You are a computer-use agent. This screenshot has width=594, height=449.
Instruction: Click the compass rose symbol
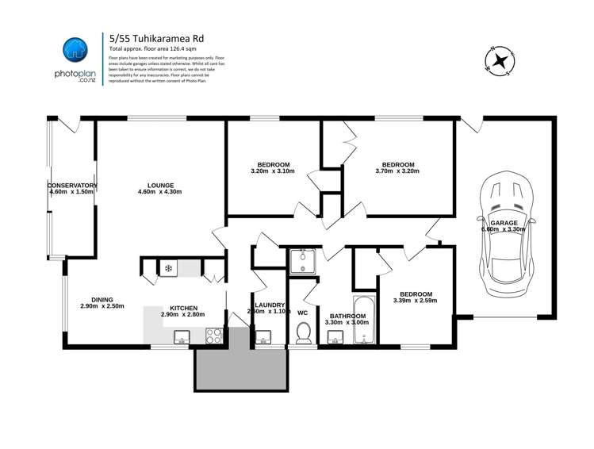point(500,59)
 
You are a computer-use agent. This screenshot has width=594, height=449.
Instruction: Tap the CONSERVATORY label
point(72,186)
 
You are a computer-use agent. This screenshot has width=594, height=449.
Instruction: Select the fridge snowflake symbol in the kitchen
point(168,268)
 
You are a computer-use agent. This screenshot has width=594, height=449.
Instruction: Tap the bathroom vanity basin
point(333,340)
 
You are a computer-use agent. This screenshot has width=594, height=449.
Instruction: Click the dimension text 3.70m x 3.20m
point(397,171)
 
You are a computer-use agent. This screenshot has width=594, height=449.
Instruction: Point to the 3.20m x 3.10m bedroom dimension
point(272,171)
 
